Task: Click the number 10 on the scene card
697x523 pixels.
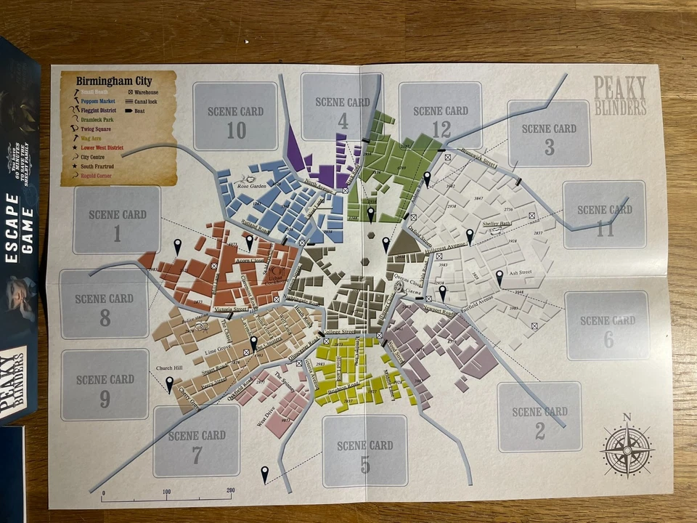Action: click(236, 131)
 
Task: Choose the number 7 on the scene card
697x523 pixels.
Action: click(197, 455)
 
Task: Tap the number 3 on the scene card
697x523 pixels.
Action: click(549, 148)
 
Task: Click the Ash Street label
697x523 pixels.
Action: click(521, 273)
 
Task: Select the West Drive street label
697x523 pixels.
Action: click(266, 421)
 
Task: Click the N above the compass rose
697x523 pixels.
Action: click(627, 417)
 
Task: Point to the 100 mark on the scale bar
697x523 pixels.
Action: click(166, 492)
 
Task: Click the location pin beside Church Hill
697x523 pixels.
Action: click(170, 384)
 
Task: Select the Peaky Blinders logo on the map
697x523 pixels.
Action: click(619, 96)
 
